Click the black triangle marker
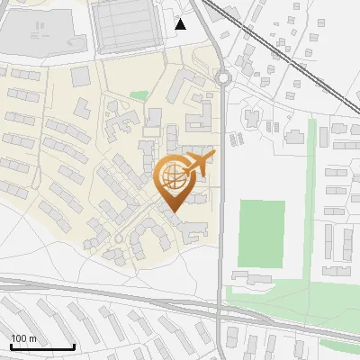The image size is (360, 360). click(181, 24)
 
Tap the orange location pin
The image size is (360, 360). click(176, 180)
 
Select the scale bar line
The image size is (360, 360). click(42, 346)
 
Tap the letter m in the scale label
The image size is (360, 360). click(33, 338)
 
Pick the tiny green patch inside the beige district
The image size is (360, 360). click(138, 94)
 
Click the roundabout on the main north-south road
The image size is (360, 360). click(223, 78)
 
